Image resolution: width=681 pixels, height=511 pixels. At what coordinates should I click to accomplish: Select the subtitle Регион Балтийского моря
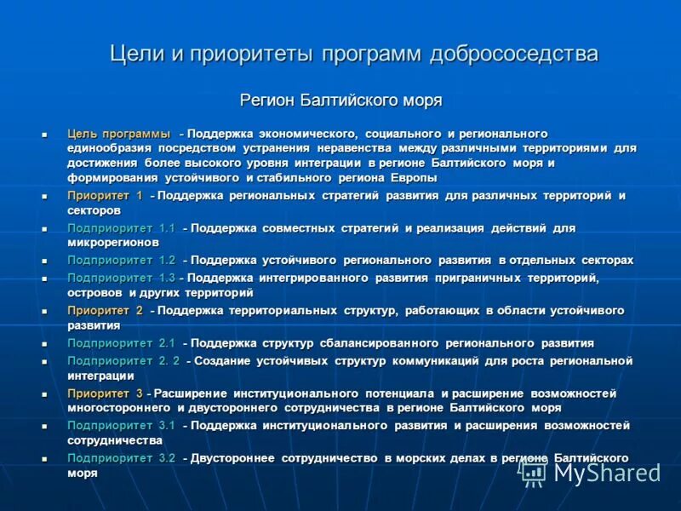pyautogui.click(x=340, y=100)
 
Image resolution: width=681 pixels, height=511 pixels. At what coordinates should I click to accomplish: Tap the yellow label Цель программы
pyautogui.click(x=118, y=135)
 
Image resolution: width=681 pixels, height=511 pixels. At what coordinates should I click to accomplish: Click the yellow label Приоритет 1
pyautogui.click(x=105, y=196)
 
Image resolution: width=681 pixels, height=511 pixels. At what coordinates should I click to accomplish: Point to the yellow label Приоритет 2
pyautogui.click(x=105, y=311)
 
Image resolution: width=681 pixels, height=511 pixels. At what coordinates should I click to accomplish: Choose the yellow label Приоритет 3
pyautogui.click(x=105, y=393)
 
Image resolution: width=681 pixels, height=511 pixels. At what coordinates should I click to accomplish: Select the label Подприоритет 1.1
pyautogui.click(x=121, y=228)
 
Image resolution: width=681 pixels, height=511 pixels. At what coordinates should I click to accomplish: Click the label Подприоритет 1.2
pyautogui.click(x=121, y=261)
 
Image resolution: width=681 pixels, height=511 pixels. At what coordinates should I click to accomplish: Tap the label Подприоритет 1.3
pyautogui.click(x=121, y=278)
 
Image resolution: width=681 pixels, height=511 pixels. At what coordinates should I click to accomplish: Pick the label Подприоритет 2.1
pyautogui.click(x=121, y=343)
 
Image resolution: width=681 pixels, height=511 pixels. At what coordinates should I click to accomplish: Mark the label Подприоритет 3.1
pyautogui.click(x=121, y=425)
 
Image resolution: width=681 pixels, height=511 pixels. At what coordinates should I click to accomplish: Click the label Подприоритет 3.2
pyautogui.click(x=121, y=458)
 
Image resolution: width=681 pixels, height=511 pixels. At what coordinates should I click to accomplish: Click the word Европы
pyautogui.click(x=415, y=178)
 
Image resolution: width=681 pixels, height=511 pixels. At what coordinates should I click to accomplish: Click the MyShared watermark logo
pyautogui.click(x=587, y=471)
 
